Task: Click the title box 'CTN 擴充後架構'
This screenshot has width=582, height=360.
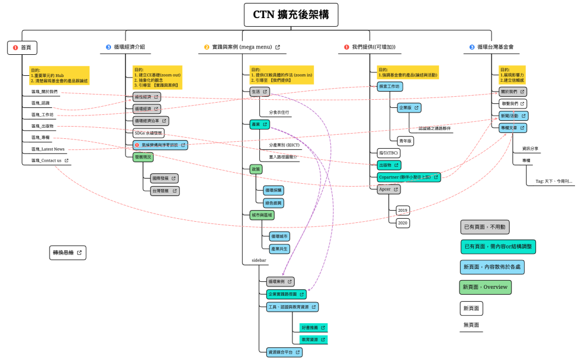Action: tap(290, 15)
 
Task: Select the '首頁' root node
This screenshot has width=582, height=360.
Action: tap(22, 48)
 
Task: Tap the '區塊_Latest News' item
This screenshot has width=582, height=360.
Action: tap(48, 149)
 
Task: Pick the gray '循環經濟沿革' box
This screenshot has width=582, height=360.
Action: tap(151, 121)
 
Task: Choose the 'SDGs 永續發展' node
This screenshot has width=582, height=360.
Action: tap(149, 132)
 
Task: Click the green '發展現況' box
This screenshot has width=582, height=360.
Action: tap(143, 156)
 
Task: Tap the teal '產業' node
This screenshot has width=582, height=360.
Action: tap(256, 124)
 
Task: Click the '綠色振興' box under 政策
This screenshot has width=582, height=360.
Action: tap(273, 203)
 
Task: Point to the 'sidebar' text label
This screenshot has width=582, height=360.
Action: tap(259, 260)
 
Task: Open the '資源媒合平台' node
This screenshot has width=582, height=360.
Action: tap(284, 352)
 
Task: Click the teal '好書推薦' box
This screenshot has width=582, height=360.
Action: tap(313, 328)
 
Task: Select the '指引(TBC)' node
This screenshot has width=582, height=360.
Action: tap(388, 153)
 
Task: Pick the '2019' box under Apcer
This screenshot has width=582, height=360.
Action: tap(403, 210)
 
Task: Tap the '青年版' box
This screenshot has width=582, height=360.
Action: tap(405, 141)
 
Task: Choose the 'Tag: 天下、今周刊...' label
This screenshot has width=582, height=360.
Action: tap(555, 181)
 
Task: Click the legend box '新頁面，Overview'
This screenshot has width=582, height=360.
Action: tap(485, 287)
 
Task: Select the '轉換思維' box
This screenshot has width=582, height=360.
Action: tap(68, 253)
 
